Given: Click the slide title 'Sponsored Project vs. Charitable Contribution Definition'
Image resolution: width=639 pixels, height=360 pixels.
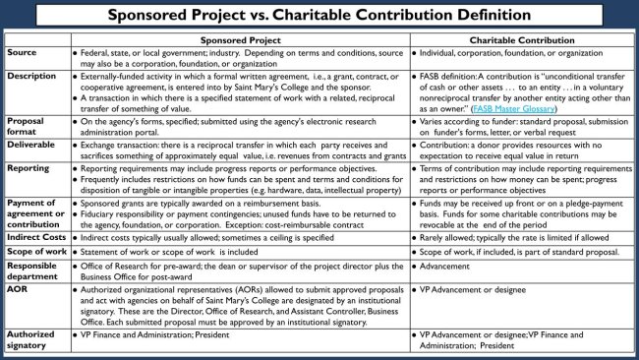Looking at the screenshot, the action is coord(319,16).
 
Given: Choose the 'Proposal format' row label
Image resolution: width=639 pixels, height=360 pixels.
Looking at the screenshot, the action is coord(29,126).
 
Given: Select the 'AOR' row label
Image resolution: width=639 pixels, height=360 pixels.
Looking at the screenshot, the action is coord(17,291).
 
